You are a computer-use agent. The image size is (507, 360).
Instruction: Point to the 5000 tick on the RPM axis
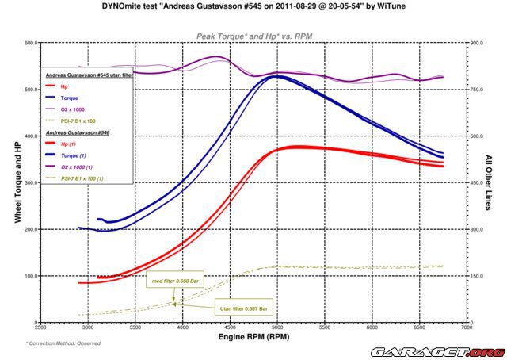(x=276, y=325)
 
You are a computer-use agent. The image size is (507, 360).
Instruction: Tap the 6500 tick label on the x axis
(x=417, y=325)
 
